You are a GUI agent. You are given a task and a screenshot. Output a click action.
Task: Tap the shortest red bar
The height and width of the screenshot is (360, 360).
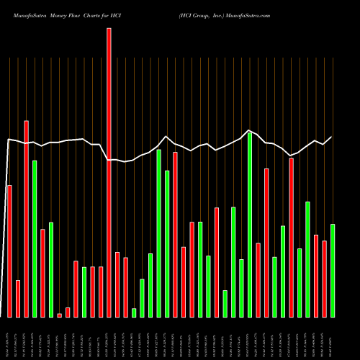point(59,315)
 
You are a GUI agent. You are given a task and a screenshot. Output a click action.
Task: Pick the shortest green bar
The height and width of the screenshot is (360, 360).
point(134,312)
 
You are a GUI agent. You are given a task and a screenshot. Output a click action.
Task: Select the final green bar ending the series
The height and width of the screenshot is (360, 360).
point(333,271)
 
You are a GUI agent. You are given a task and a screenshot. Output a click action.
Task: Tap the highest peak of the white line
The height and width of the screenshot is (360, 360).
point(248,130)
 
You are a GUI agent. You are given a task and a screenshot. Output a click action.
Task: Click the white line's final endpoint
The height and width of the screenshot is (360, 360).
point(332,137)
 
